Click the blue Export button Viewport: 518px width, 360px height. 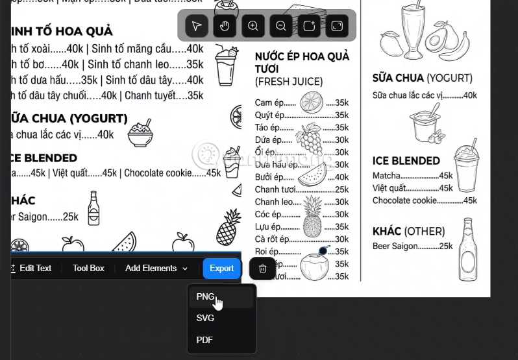pos(221,269)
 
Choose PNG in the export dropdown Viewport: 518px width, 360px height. pos(205,296)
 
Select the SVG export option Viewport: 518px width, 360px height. pos(205,318)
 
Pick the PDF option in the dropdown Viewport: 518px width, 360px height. pos(204,340)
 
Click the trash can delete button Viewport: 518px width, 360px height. pos(262,269)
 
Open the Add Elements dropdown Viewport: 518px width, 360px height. pos(156,269)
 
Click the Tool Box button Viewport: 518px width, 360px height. pos(88,269)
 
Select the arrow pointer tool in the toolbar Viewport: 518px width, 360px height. pos(197,26)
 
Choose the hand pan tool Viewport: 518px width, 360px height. pos(225,26)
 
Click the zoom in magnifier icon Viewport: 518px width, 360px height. pos(253,26)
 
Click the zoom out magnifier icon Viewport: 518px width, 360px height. pos(281,26)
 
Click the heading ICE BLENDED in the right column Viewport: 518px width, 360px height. pos(406,161)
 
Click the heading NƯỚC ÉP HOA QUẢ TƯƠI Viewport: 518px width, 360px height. pos(302,63)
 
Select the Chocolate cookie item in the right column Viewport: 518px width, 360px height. pos(404,200)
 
